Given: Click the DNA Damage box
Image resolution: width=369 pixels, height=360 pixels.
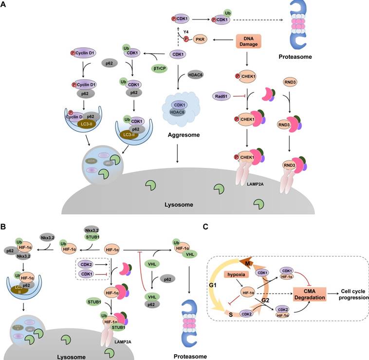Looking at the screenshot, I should [x=253, y=42].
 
